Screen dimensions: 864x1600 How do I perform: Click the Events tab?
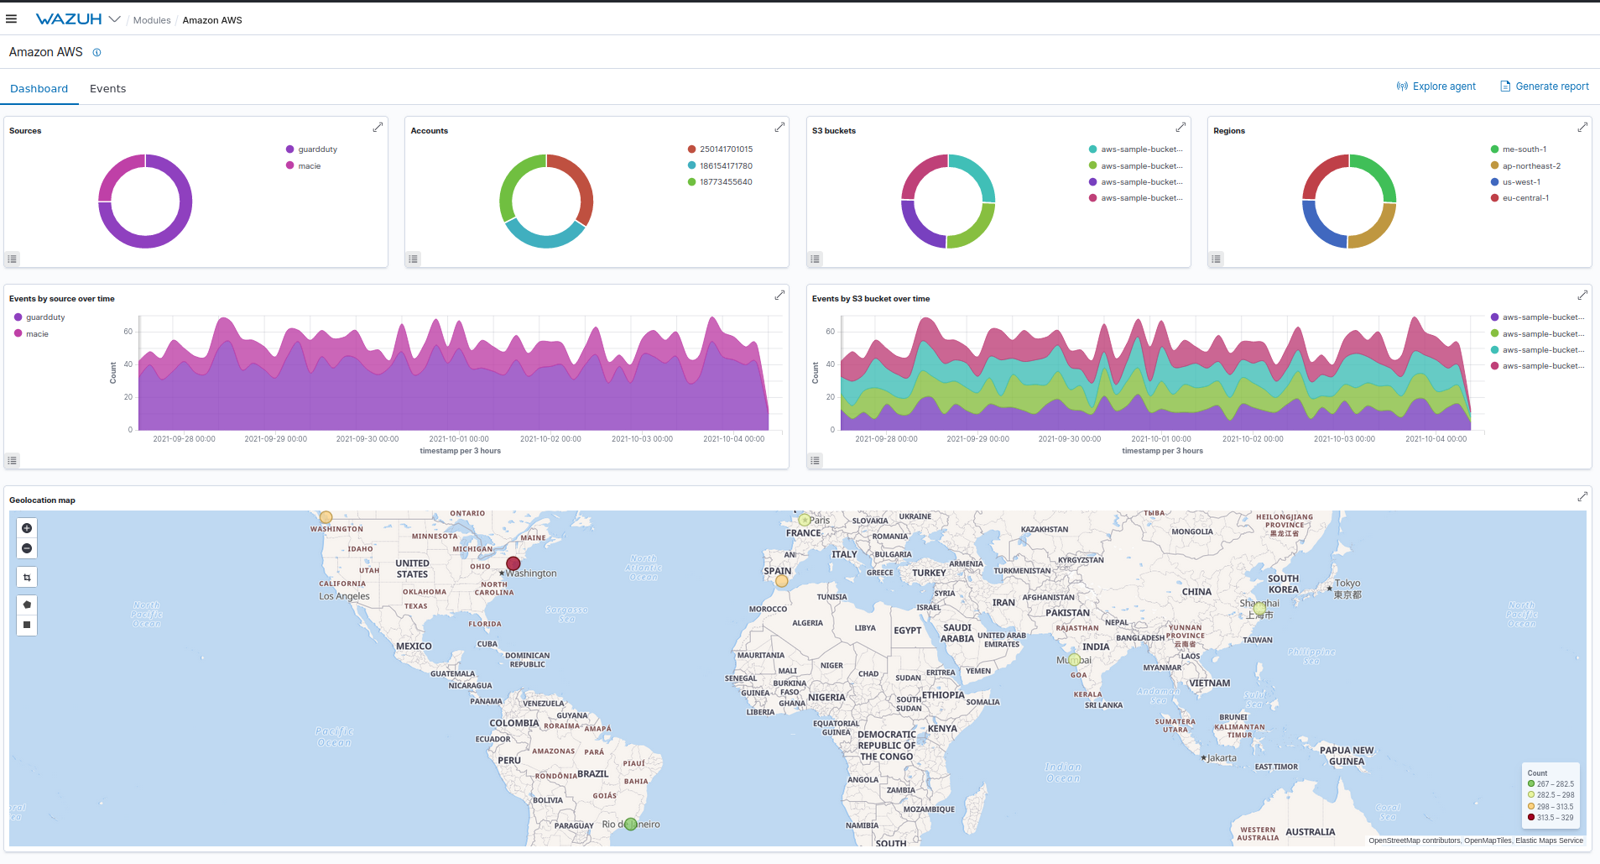pyautogui.click(x=107, y=88)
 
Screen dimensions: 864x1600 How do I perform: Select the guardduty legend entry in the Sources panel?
pyautogui.click(x=317, y=149)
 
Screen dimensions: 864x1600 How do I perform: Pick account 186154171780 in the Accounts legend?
pyautogui.click(x=726, y=166)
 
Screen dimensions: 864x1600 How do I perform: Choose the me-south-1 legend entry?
pyautogui.click(x=1524, y=149)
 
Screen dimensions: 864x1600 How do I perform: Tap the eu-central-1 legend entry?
pyautogui.click(x=1525, y=198)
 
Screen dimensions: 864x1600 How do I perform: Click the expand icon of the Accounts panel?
pyautogui.click(x=779, y=127)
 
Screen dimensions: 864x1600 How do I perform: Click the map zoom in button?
pyautogui.click(x=27, y=528)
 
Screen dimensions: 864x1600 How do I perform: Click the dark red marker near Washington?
pyautogui.click(x=513, y=563)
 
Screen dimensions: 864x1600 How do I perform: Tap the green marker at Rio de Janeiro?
pyautogui.click(x=631, y=824)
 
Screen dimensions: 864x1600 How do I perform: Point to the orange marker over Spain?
pyautogui.click(x=782, y=580)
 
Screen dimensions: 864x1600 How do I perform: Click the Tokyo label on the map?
pyautogui.click(x=1347, y=583)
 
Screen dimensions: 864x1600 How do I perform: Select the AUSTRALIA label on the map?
pyautogui.click(x=1310, y=832)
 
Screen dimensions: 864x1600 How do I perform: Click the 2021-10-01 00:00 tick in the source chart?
pyautogui.click(x=459, y=438)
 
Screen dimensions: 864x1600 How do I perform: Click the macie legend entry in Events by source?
pyautogui.click(x=37, y=334)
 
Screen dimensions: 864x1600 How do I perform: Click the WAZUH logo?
pyautogui.click(x=69, y=19)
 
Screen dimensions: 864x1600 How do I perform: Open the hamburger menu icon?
pyautogui.click(x=12, y=19)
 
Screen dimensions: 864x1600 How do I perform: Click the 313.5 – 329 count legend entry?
pyautogui.click(x=1554, y=817)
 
